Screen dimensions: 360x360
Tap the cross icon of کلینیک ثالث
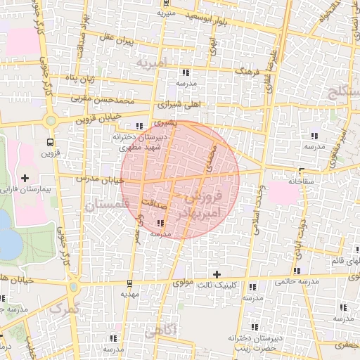(x=217, y=274)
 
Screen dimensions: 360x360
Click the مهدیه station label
(x=129, y=295)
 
